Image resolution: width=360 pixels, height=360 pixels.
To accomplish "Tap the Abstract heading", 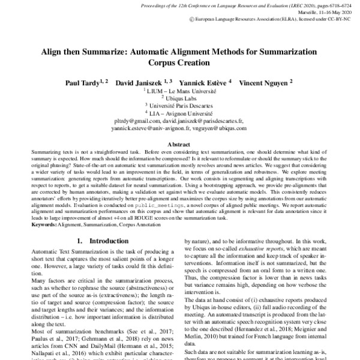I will tap(179, 145).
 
